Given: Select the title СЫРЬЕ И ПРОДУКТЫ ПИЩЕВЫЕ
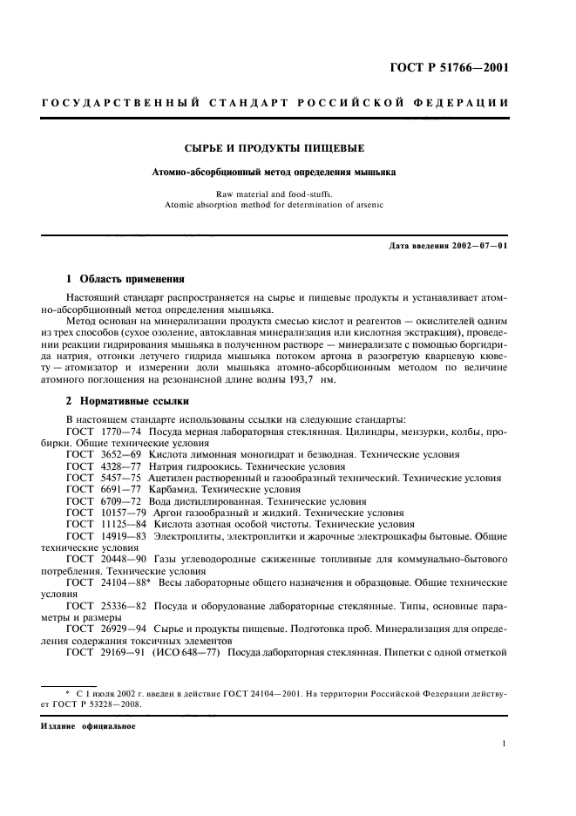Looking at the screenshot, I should point(274,147).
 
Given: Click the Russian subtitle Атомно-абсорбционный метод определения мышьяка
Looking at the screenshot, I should point(274,173).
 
